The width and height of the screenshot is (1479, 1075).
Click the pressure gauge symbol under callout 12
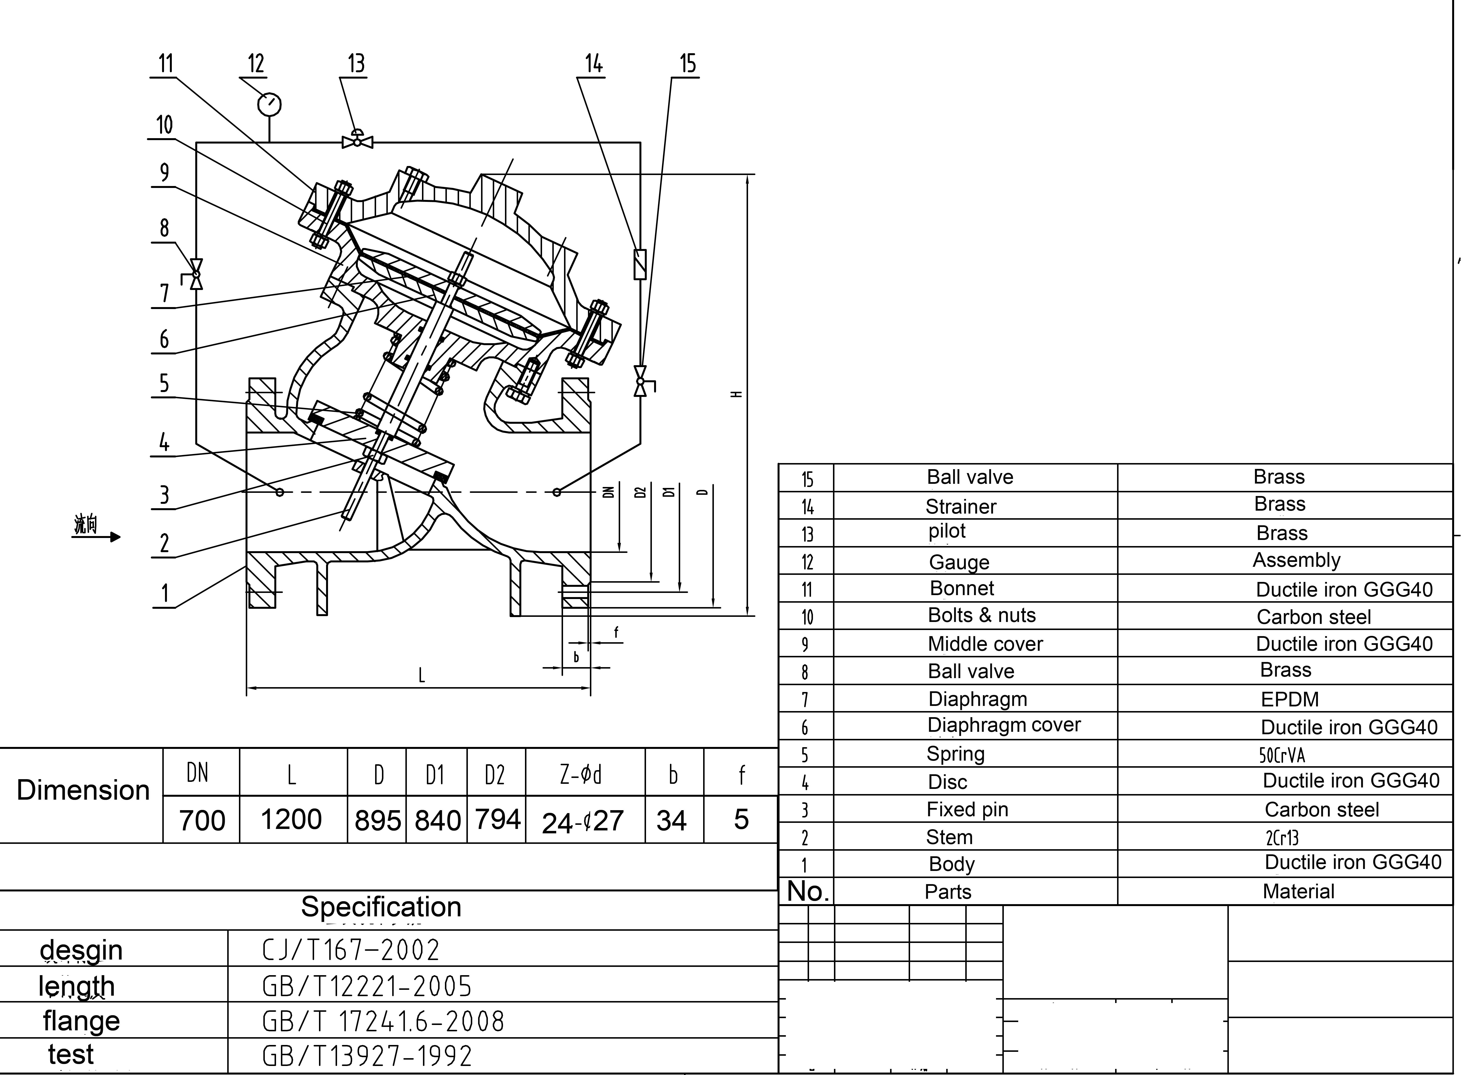(x=269, y=104)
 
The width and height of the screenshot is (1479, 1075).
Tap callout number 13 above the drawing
(x=356, y=64)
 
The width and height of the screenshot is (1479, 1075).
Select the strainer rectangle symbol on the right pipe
(x=640, y=264)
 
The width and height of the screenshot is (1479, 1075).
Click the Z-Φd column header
(x=580, y=774)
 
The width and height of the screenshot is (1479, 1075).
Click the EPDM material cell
(x=1289, y=699)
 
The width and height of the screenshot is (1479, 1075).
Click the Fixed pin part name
(x=967, y=809)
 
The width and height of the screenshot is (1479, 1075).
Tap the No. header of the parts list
(x=807, y=891)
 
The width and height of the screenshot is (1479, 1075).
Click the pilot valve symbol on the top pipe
(x=357, y=140)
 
